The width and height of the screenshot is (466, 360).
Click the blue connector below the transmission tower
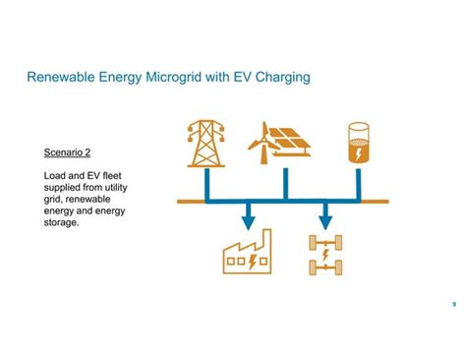click(x=207, y=184)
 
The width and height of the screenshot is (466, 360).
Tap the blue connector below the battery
click(x=359, y=184)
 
